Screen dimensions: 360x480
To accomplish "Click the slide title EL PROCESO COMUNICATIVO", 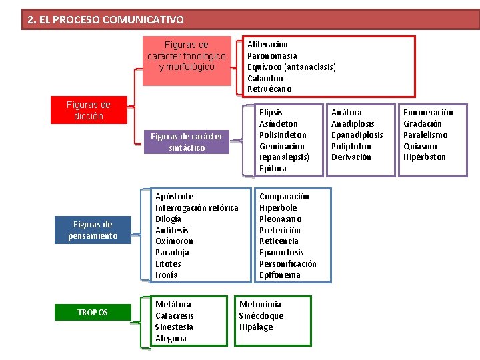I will (x=106, y=20).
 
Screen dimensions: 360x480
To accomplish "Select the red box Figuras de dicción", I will (x=89, y=111).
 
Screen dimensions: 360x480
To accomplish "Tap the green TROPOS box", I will (x=93, y=313).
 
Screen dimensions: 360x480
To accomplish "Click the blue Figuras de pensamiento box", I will (x=93, y=230).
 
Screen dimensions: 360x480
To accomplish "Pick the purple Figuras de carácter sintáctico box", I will (x=187, y=142).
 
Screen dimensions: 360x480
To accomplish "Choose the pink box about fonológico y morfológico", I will (x=187, y=56).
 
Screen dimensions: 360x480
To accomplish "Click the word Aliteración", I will (x=267, y=44).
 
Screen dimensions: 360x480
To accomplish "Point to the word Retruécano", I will (x=269, y=89).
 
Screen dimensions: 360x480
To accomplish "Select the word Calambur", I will (x=265, y=78).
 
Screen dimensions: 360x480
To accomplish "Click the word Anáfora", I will (x=347, y=112).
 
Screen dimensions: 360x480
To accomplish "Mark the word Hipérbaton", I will (x=425, y=157).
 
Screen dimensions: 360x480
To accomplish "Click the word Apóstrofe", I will (x=174, y=197).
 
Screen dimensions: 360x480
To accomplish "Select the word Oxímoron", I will (x=174, y=241).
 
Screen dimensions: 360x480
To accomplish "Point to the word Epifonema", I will (x=280, y=275).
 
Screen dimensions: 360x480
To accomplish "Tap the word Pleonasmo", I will (x=281, y=219).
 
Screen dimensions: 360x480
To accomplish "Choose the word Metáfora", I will (x=173, y=305).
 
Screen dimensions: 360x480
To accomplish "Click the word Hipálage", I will (x=256, y=327).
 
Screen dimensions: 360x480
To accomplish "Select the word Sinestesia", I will (x=174, y=327).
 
